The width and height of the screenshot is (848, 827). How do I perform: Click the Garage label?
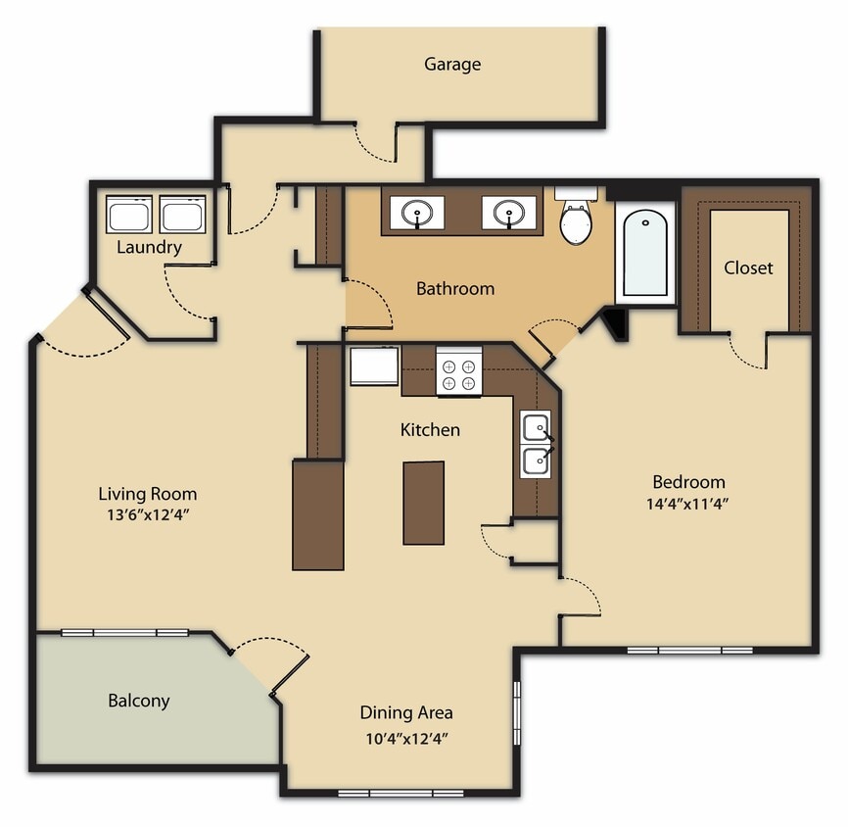coord(452,65)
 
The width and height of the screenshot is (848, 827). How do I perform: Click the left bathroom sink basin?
coord(417,213)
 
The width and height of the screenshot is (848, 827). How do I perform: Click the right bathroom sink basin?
coord(507,213)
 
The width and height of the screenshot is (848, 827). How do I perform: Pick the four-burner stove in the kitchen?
coord(458,373)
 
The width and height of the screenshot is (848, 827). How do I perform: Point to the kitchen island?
coord(423,503)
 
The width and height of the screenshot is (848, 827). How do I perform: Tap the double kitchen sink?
coord(536,444)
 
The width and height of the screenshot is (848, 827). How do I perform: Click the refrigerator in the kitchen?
coord(374,366)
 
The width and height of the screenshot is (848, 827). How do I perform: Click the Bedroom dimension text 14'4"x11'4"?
coord(688,505)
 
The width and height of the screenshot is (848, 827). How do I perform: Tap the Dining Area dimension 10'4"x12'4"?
coord(405,738)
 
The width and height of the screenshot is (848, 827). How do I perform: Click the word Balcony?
coord(138,701)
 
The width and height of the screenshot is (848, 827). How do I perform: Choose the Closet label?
coord(748,268)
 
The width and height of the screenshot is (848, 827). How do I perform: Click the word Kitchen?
coord(430,430)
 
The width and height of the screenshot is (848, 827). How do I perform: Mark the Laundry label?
coord(149,247)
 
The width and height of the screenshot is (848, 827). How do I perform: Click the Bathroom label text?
coord(455,288)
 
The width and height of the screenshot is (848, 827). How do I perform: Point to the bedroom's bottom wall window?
coord(689,649)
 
